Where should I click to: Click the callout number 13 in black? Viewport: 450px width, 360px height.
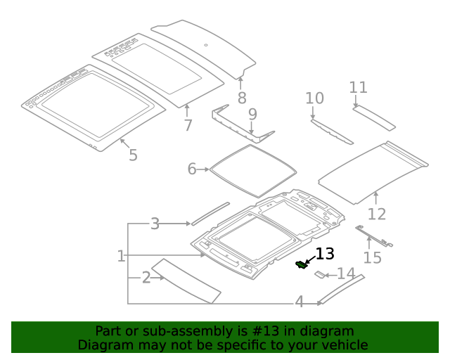[x=325, y=254]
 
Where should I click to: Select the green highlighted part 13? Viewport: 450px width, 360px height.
[x=302, y=264]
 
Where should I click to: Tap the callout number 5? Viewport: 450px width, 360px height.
[x=133, y=154]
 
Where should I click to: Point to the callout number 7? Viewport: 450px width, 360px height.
[x=188, y=125]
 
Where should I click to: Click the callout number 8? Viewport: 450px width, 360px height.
[x=241, y=98]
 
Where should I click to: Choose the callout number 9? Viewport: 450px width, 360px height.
[x=252, y=113]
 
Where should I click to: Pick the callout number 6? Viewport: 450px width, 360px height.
[x=192, y=169]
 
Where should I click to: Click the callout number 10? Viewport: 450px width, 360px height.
[x=314, y=98]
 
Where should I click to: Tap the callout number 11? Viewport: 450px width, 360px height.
[x=359, y=87]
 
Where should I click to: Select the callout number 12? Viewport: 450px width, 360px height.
[x=377, y=214]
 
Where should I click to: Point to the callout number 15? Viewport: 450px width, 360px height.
[x=372, y=257]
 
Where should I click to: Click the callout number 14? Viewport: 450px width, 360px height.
[x=347, y=274]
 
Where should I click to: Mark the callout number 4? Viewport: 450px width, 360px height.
[x=299, y=302]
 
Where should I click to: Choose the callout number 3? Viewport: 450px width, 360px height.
[x=155, y=224]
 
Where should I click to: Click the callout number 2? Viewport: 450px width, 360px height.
[x=146, y=278]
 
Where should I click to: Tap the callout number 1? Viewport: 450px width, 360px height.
[x=121, y=256]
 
